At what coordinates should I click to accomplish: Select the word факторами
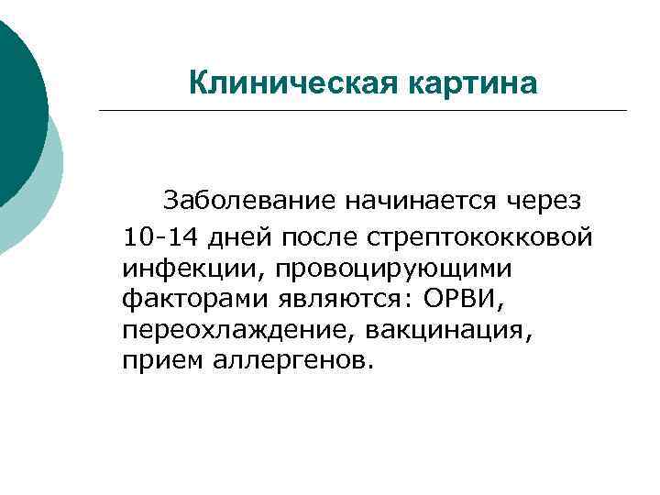click(179, 299)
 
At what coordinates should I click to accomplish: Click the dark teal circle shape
click(16, 101)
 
